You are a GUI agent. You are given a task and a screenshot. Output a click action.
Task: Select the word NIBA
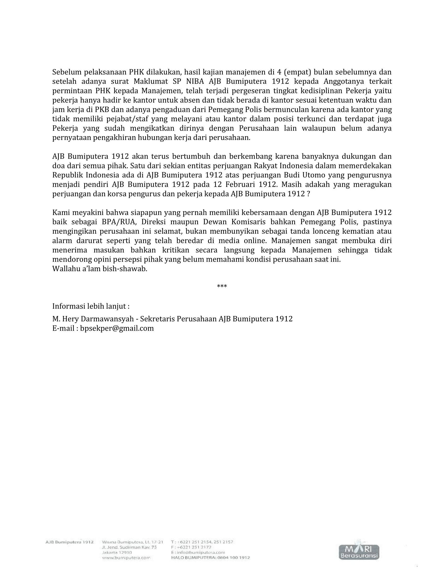coord(195,81)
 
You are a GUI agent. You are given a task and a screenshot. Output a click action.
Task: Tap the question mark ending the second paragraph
coord(308,194)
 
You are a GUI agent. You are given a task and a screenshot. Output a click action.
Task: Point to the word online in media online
coord(255,241)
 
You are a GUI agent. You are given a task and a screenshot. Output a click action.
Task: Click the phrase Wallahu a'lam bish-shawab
coord(100,269)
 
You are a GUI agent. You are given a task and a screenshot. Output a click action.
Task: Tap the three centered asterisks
coord(222,286)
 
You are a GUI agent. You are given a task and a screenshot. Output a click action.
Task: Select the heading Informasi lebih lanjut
coord(91,306)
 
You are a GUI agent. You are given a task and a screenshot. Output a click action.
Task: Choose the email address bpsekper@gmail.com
coord(117,328)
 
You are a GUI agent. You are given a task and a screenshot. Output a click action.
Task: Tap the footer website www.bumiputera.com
coord(126,558)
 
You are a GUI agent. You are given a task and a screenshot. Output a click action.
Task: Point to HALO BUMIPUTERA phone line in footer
coord(211,558)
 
